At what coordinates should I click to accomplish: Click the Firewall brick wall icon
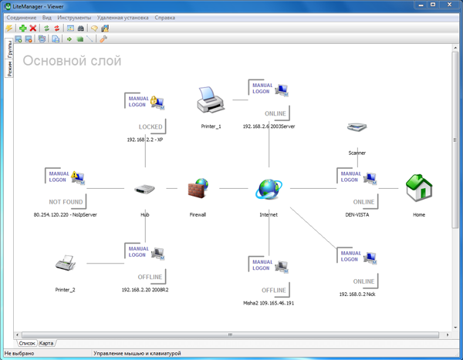pos(198,188)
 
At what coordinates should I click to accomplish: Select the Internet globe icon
pos(269,188)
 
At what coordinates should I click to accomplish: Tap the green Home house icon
pos(419,188)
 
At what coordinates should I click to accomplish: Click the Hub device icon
pos(144,189)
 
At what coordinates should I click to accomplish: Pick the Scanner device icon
pos(357,128)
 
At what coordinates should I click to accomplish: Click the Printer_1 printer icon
pos(210,99)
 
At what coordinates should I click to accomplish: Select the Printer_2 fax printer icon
pos(66,264)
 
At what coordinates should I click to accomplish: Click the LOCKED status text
pos(150,126)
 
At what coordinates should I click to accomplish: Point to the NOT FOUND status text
pos(66,201)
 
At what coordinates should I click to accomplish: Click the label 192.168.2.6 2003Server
pos(269,126)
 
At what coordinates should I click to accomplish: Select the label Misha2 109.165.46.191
pos(269,303)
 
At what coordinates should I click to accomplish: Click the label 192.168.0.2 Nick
pos(357,294)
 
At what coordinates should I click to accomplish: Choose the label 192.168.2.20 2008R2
pos(144,290)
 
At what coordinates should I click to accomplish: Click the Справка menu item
pos(164,17)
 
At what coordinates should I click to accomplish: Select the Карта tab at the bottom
pos(46,343)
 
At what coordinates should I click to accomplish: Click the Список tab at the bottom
pos(27,343)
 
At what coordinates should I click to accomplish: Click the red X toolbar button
pos(33,29)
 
